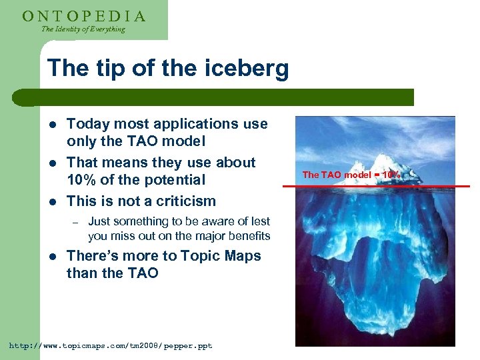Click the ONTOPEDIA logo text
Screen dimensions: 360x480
[84, 15]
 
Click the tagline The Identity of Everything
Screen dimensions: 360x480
[83, 29]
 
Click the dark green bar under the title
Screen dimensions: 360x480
[227, 97]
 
